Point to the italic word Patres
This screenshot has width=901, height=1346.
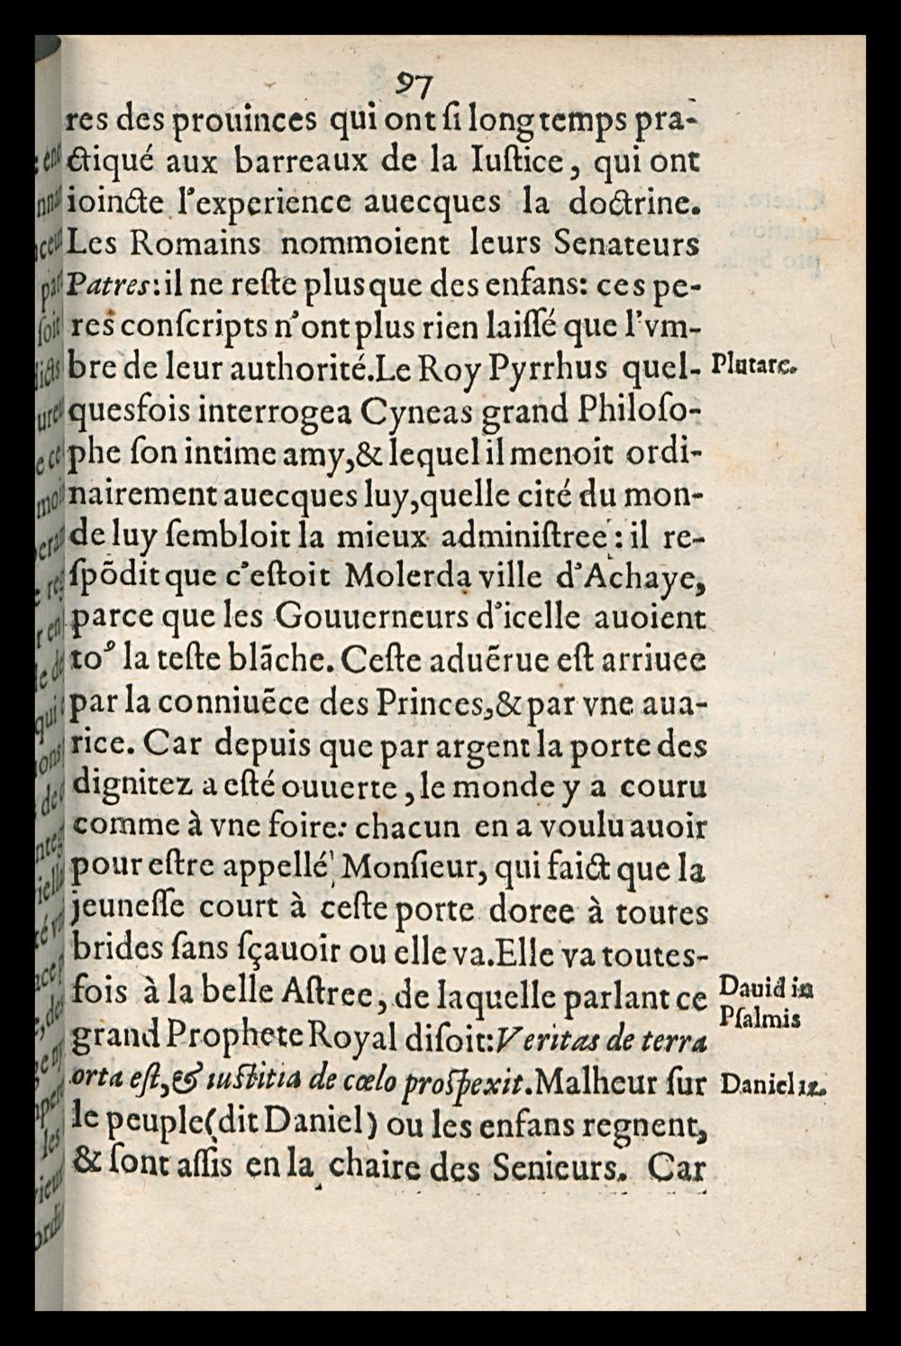coord(107,287)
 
